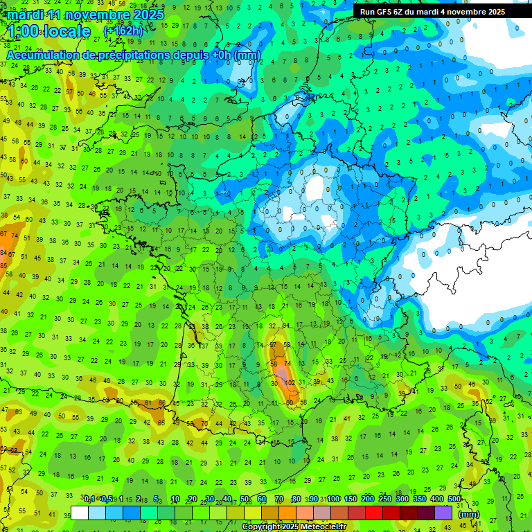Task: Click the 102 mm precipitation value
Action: pyautogui.click(x=291, y=382)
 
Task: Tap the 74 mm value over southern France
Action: pyautogui.click(x=287, y=353)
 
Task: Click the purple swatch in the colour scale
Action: pyautogui.click(x=443, y=513)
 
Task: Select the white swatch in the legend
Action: pyautogui.click(x=80, y=513)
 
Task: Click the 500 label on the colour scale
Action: pyautogui.click(x=454, y=499)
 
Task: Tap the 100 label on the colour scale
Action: pyautogui.click(x=333, y=499)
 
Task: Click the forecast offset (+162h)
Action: pyautogui.click(x=123, y=31)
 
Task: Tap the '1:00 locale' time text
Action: pyautogui.click(x=49, y=31)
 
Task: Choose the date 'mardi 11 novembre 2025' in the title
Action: pyautogui.click(x=86, y=14)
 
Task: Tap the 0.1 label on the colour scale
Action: pyautogui.click(x=89, y=499)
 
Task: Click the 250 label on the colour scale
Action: pyautogui.click(x=384, y=499)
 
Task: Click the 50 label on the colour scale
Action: pyautogui.click(x=245, y=499)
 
